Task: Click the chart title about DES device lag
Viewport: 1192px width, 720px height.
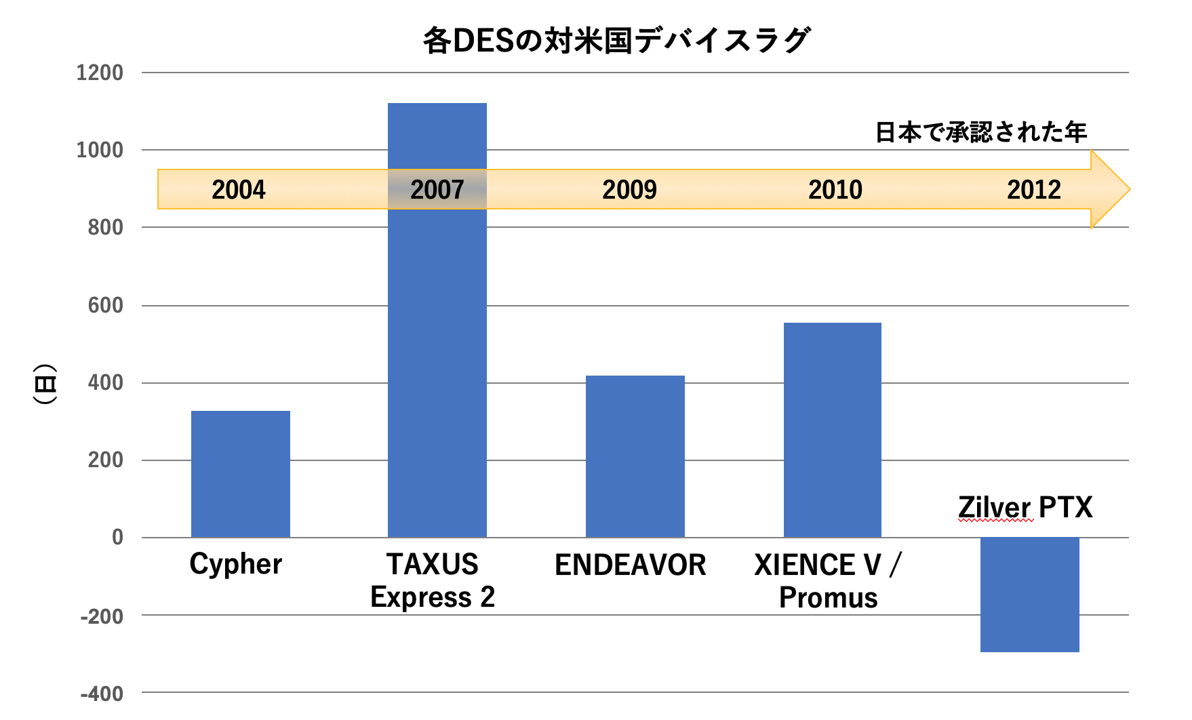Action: tap(616, 41)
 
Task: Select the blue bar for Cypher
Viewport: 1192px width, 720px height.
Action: tap(240, 474)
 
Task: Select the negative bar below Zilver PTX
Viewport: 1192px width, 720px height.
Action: tap(1029, 595)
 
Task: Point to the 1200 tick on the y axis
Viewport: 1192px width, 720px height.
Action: tap(100, 73)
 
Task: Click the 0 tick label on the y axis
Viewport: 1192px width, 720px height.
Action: tap(117, 538)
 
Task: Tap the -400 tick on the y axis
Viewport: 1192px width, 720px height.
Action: tap(102, 694)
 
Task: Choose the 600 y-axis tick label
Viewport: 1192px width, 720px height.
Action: tap(105, 305)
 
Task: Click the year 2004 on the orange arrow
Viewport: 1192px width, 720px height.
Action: tap(238, 190)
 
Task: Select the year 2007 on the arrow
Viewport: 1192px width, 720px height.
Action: tap(437, 190)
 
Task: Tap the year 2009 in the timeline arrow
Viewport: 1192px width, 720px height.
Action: tap(629, 190)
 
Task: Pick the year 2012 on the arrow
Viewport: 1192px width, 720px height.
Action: tap(1033, 190)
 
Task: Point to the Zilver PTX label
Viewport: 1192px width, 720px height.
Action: tap(1025, 507)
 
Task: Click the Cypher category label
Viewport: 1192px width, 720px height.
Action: tap(235, 564)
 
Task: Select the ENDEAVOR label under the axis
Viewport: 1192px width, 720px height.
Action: tap(630, 565)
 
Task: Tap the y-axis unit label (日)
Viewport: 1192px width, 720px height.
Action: tap(45, 384)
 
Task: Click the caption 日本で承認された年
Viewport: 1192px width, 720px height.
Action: tap(980, 132)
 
